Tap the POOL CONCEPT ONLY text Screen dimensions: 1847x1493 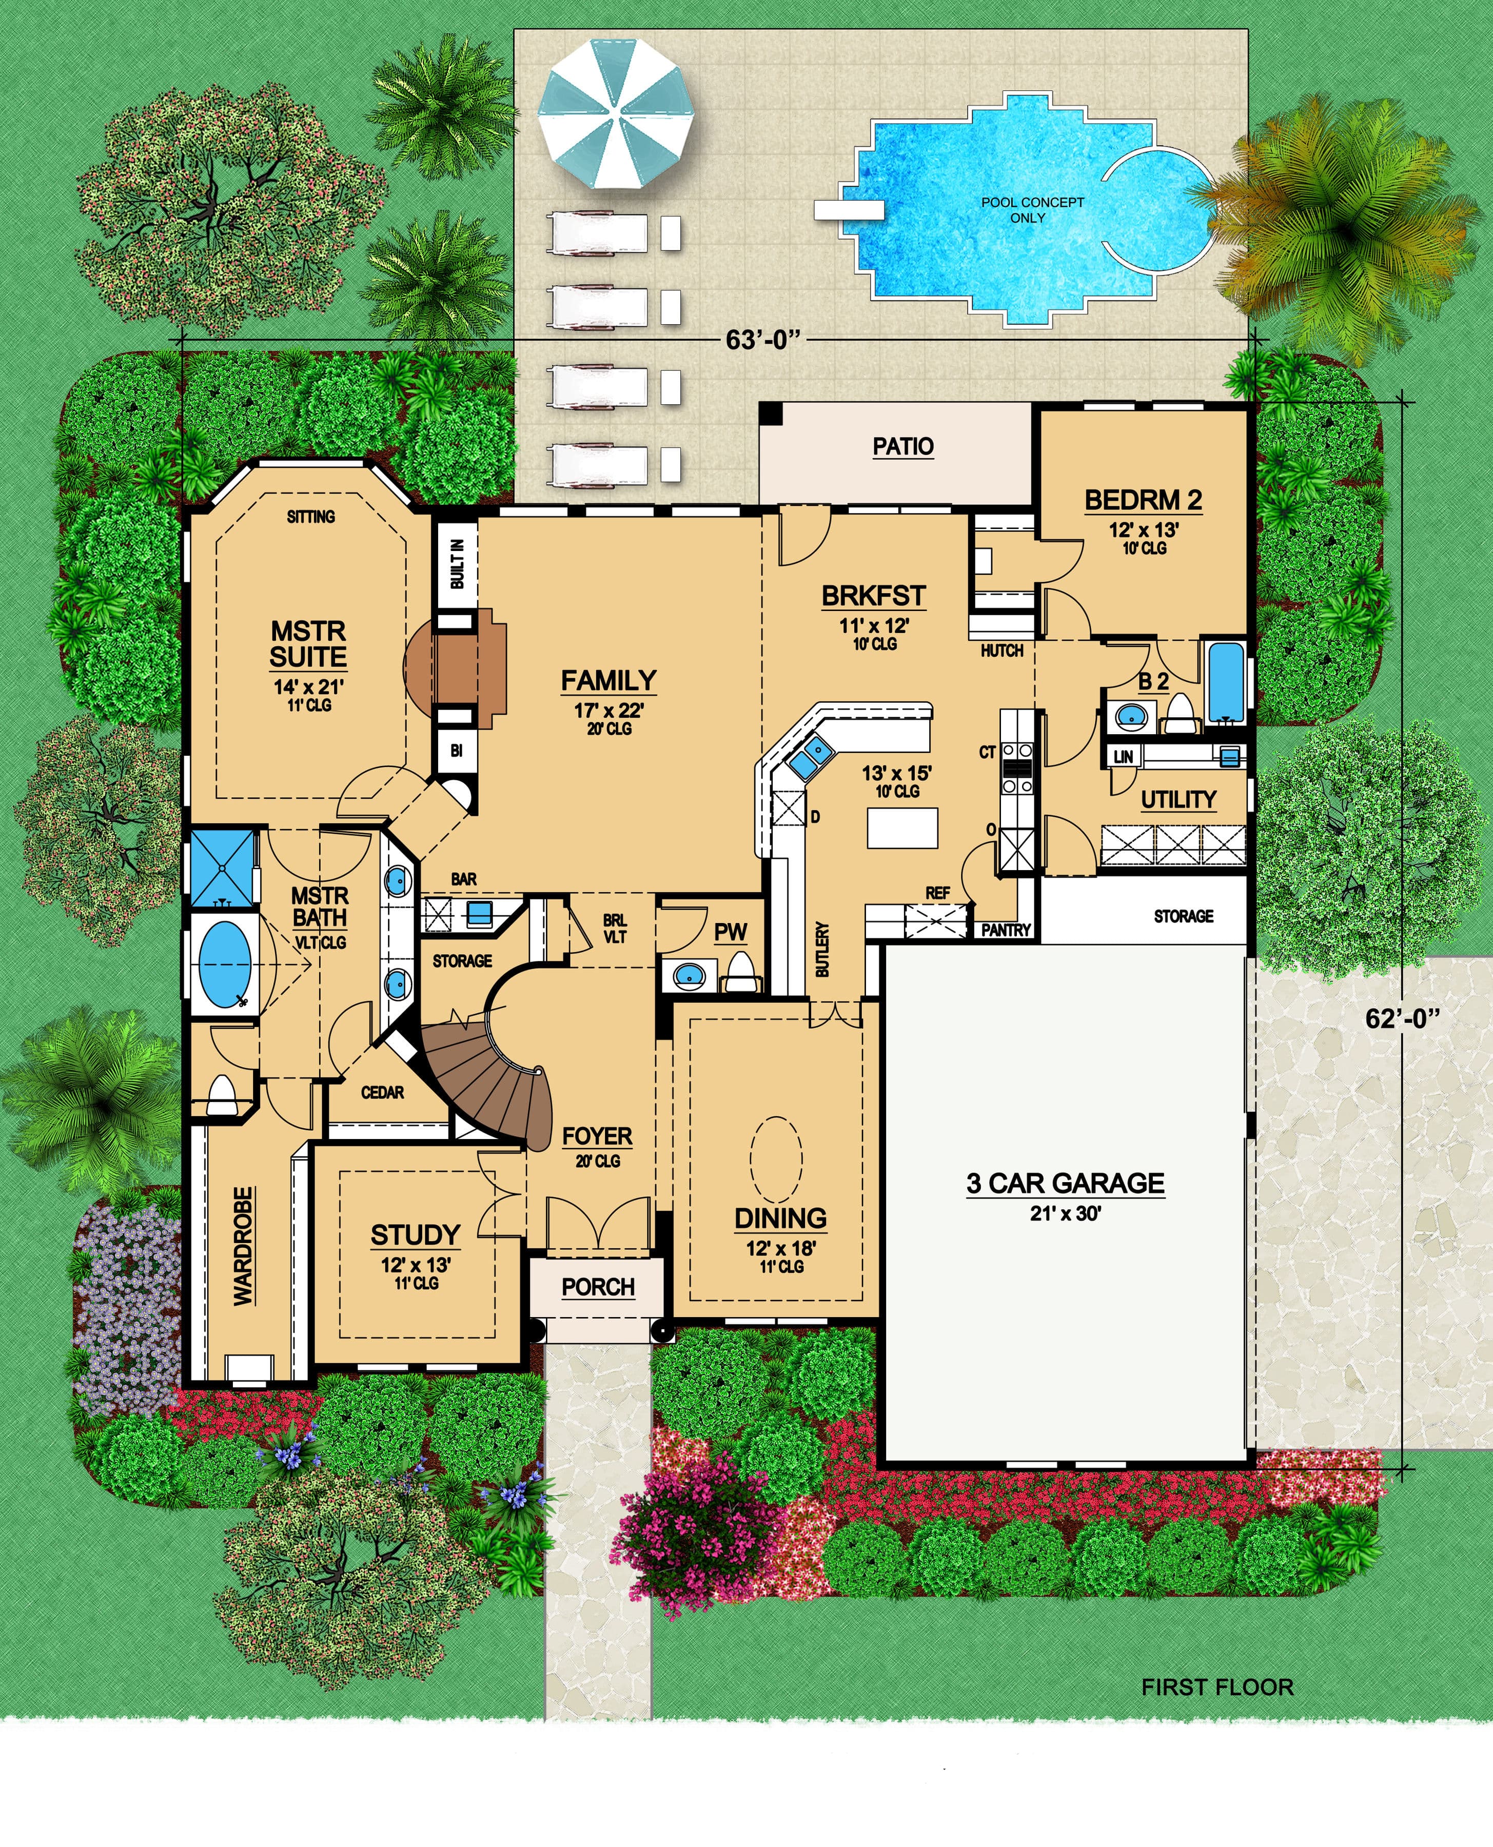(x=1032, y=210)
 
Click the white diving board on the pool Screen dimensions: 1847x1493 (x=849, y=209)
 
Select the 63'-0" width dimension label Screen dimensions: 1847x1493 (x=763, y=341)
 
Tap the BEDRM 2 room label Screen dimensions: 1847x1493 (x=1143, y=500)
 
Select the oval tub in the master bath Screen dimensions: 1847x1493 (x=225, y=965)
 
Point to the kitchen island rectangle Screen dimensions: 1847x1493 (x=901, y=828)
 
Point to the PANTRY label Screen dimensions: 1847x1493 (x=1006, y=930)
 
